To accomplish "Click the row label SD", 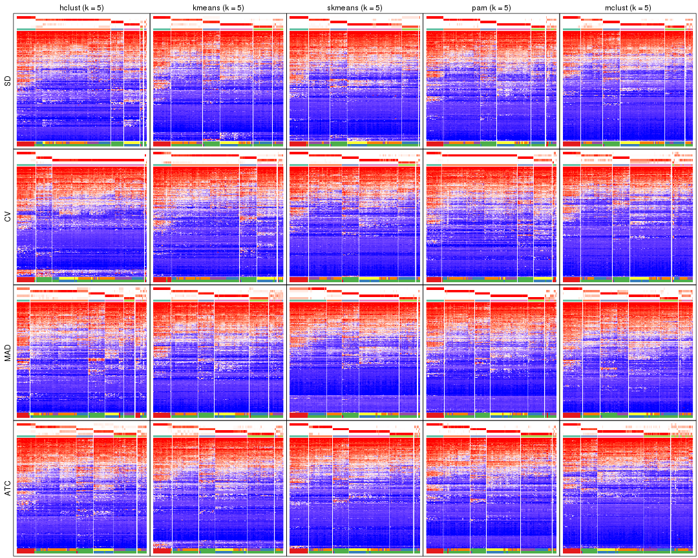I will [x=8, y=81].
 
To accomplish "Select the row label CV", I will [x=8, y=217].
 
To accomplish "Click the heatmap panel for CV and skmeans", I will [x=355, y=220].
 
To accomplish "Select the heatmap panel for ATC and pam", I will [x=491, y=491].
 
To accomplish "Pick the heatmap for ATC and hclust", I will [x=81, y=491].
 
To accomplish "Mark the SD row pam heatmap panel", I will [x=491, y=84].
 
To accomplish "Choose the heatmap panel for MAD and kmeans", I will [x=218, y=355].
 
